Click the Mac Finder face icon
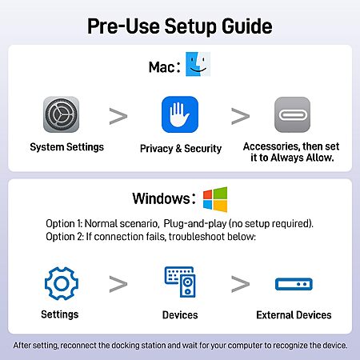(x=198, y=64)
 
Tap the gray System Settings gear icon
(x=61, y=114)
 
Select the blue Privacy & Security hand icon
(x=180, y=114)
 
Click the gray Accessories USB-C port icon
(x=292, y=114)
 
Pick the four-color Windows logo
(x=215, y=199)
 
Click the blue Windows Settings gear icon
(x=62, y=283)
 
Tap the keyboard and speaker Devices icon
(x=180, y=282)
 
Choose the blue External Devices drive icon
(x=294, y=284)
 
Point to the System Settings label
(x=66, y=147)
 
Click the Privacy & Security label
(x=181, y=149)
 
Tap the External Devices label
(x=294, y=315)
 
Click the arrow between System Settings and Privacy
(x=118, y=116)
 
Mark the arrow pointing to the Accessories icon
(x=240, y=116)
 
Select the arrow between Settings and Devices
(x=118, y=284)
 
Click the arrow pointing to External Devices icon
(x=240, y=284)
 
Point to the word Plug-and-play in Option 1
(x=195, y=223)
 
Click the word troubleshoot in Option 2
(x=197, y=237)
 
